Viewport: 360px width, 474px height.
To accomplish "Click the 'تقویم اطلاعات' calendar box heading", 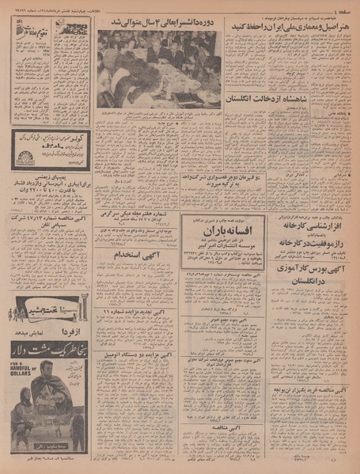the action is point(30,28).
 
